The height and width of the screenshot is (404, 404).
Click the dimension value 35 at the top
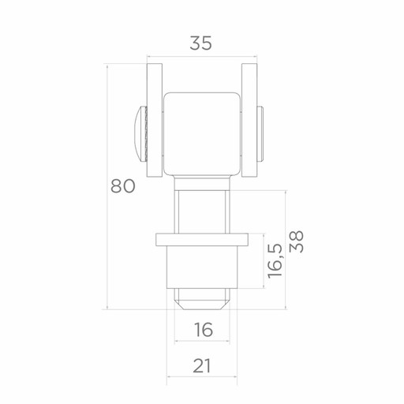tap(200, 43)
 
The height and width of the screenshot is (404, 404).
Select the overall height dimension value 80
tap(123, 186)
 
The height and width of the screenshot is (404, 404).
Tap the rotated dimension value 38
tap(297, 241)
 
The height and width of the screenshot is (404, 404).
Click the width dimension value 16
tap(204, 330)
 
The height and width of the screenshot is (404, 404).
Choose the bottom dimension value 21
tap(202, 366)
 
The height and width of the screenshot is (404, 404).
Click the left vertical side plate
tap(155, 120)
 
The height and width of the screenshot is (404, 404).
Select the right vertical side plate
tap(249, 120)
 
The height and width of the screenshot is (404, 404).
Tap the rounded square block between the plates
tap(202, 134)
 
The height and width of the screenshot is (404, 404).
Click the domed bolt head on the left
tap(141, 134)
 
